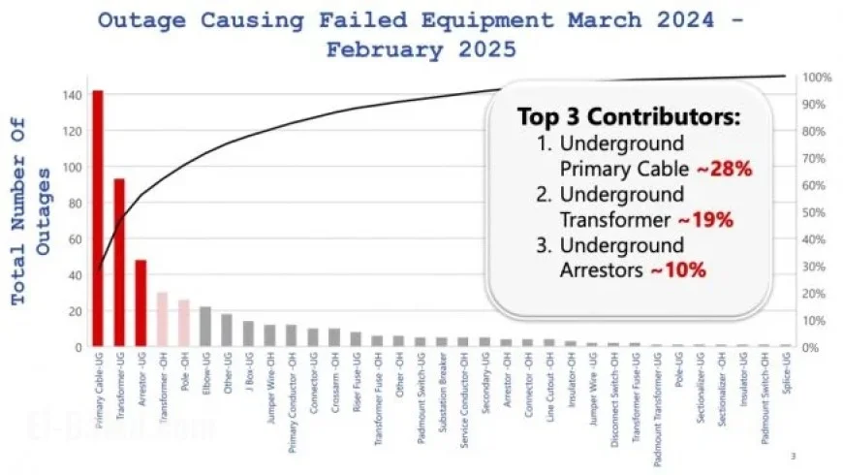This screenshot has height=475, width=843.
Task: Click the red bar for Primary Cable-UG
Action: [98, 218]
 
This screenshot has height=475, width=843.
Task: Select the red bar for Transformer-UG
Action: [119, 262]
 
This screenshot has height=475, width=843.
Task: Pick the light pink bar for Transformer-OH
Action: [162, 319]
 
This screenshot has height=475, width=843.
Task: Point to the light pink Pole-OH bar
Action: [183, 323]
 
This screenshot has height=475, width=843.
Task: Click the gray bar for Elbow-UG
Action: [204, 327]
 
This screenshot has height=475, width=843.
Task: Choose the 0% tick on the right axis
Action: [813, 346]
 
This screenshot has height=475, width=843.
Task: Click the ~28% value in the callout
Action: [720, 170]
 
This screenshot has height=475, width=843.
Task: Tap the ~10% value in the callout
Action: [678, 270]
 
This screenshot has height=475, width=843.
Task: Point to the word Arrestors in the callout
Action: [602, 270]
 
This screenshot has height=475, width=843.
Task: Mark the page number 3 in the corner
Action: [793, 456]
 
